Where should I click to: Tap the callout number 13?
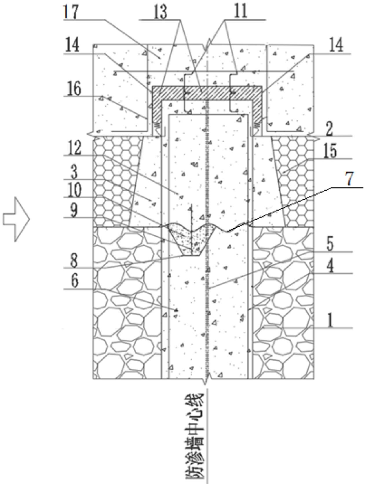point(160,12)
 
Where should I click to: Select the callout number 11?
point(241,12)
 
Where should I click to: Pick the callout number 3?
point(74,172)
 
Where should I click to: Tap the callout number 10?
point(74,190)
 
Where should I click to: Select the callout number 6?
point(74,281)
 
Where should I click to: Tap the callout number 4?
point(330,266)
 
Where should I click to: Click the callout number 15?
point(330,151)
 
